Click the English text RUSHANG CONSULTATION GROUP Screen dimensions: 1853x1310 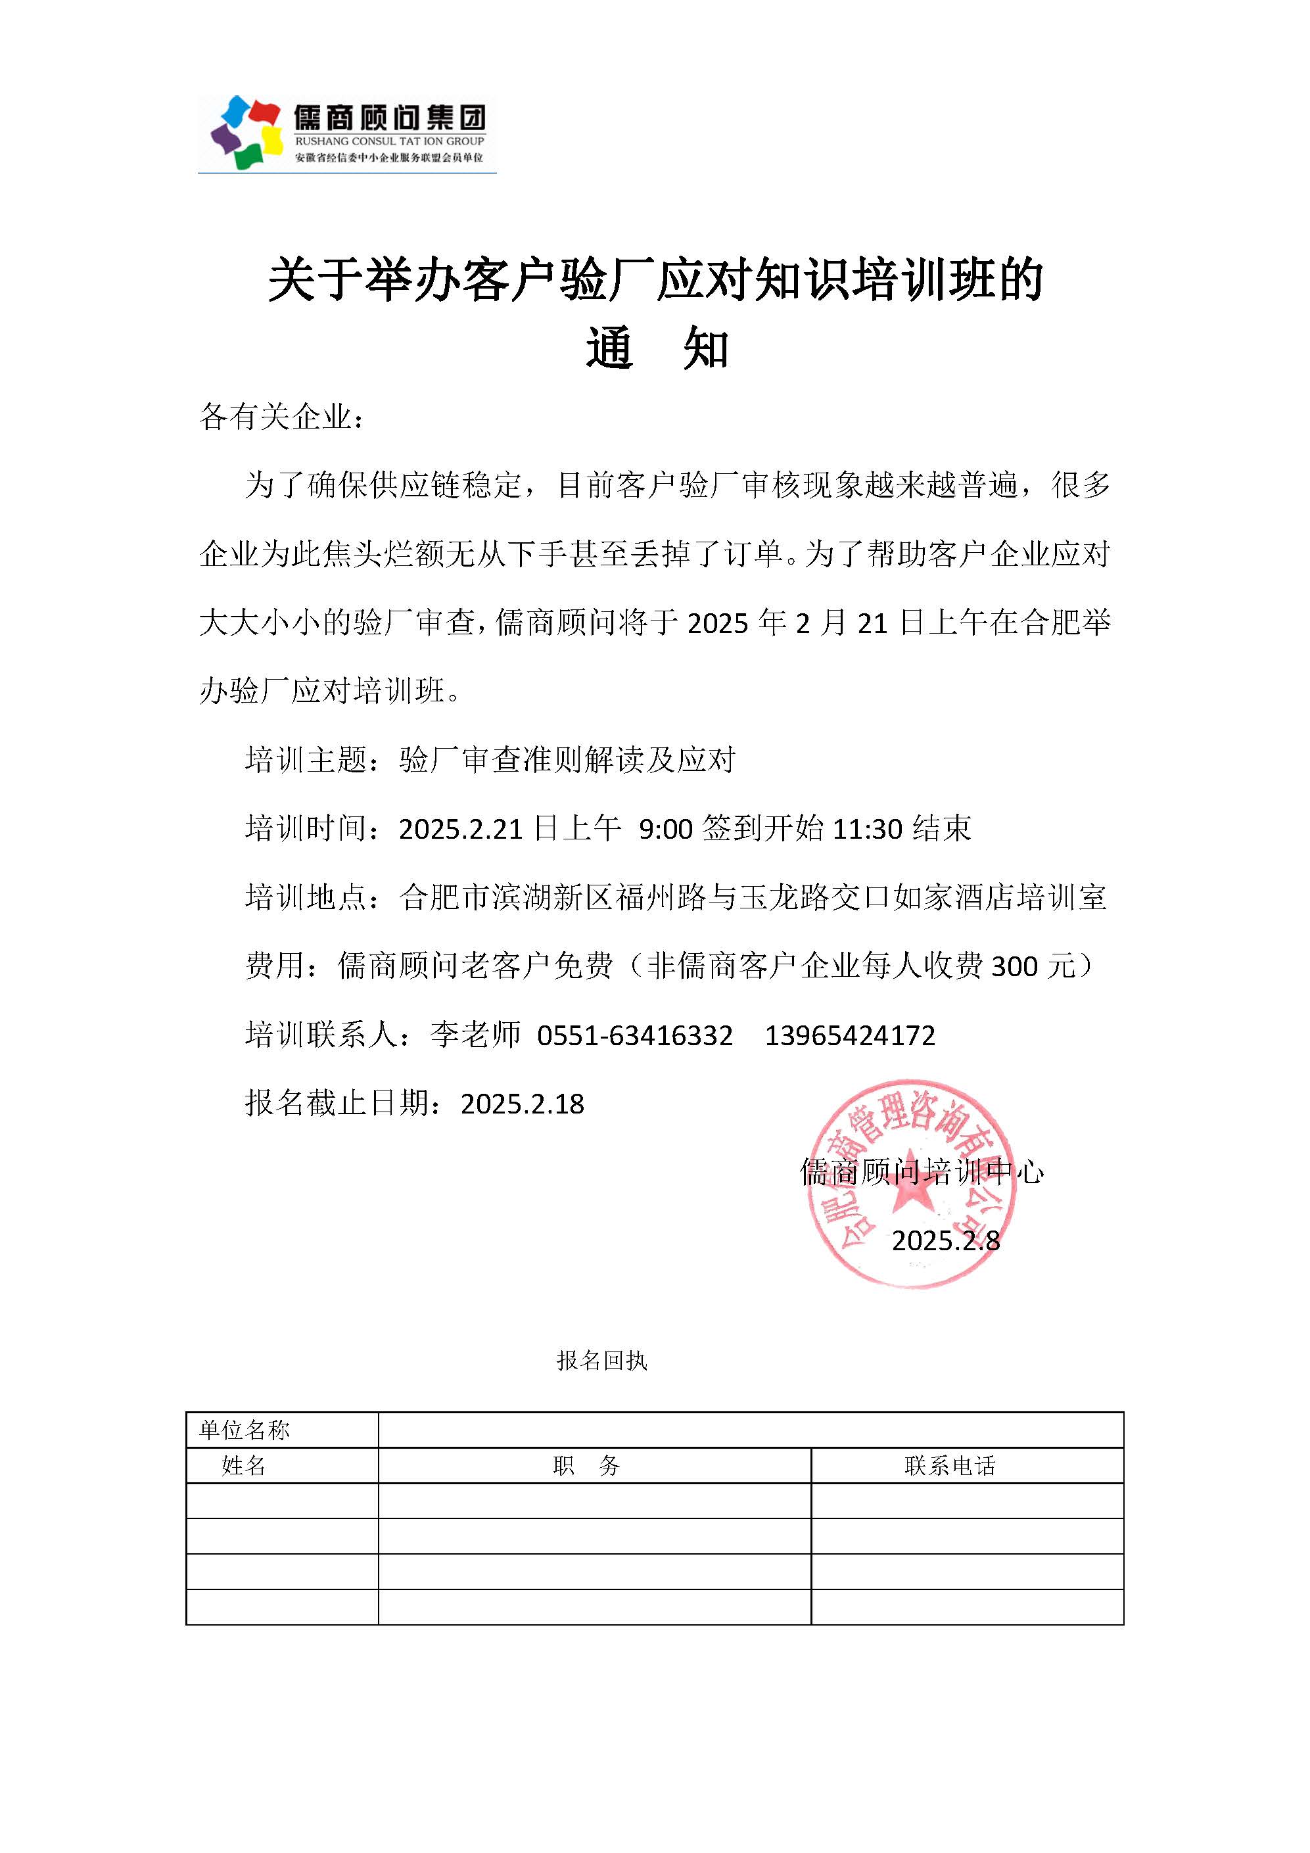[x=389, y=141]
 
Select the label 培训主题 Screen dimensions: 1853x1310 [x=307, y=759]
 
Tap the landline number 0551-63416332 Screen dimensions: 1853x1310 [x=634, y=1035]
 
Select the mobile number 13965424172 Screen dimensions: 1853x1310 [x=849, y=1035]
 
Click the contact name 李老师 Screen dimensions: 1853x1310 [x=475, y=1035]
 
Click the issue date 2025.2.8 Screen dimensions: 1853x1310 [x=945, y=1240]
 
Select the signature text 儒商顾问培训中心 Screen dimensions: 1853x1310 [x=922, y=1172]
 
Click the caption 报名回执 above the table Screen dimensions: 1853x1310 [x=601, y=1361]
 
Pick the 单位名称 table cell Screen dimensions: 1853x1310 [x=245, y=1430]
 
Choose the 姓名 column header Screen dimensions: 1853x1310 [x=244, y=1466]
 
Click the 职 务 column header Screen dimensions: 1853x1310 [x=587, y=1466]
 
